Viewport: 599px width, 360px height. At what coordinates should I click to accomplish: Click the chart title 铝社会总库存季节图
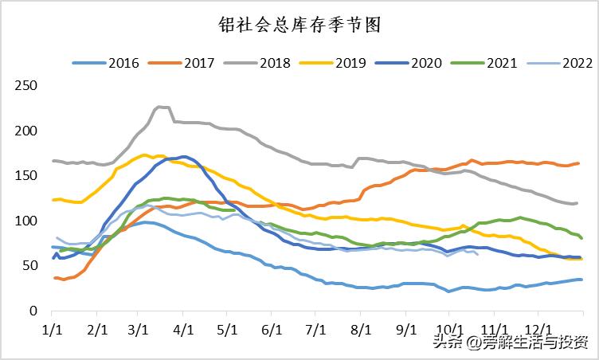pyautogui.click(x=299, y=25)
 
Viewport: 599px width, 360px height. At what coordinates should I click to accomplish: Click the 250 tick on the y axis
pyautogui.click(x=27, y=85)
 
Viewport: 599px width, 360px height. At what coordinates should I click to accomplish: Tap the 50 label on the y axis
pyautogui.click(x=30, y=265)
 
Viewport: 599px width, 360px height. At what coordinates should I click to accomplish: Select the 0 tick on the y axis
pyautogui.click(x=33, y=311)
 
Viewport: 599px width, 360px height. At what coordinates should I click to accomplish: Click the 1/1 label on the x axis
pyautogui.click(x=52, y=327)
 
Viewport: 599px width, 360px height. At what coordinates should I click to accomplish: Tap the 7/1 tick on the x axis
pyautogui.click(x=316, y=327)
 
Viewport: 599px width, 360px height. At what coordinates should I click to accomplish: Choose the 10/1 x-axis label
pyautogui.click(x=450, y=327)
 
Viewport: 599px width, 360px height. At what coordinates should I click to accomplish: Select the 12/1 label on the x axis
pyautogui.click(x=539, y=327)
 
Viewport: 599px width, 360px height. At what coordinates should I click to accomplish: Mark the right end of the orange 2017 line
pyautogui.click(x=578, y=163)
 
